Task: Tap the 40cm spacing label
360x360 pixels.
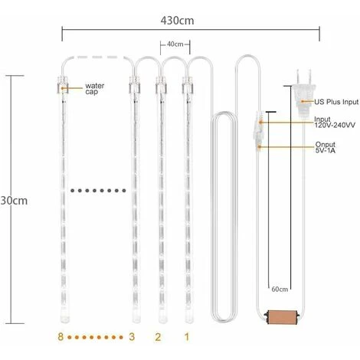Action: pos(175,45)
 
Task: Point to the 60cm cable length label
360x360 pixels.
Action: pos(280,290)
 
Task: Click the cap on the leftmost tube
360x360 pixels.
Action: pos(61,85)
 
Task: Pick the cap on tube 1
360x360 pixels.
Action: pos(186,85)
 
